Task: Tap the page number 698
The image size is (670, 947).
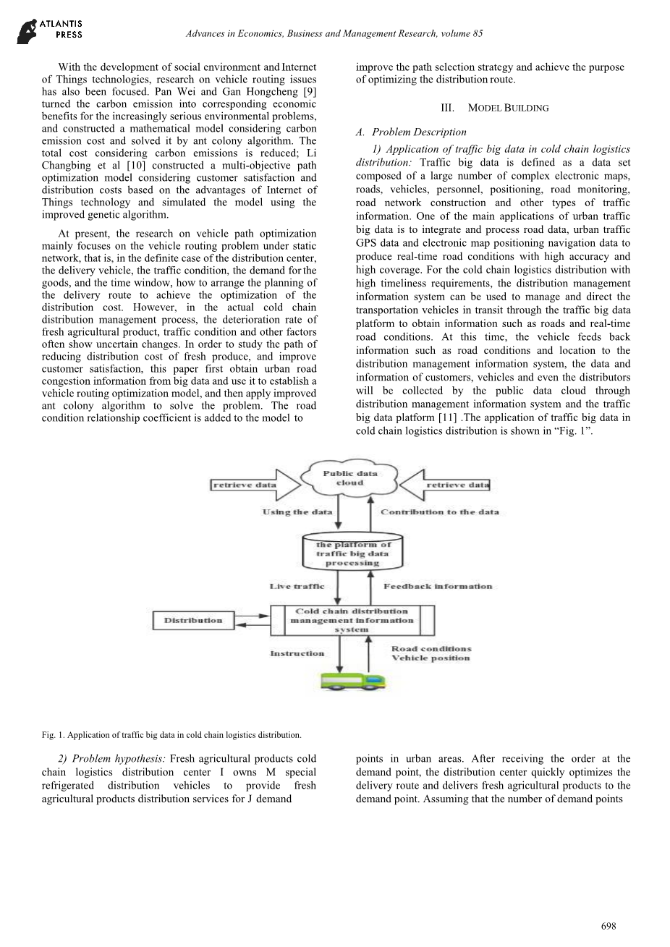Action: (x=608, y=926)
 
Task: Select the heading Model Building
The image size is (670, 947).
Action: (x=494, y=108)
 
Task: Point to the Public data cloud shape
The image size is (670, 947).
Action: (x=350, y=478)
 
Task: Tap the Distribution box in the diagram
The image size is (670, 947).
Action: (x=193, y=620)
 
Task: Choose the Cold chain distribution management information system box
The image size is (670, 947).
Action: (x=352, y=620)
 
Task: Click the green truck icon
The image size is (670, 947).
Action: (x=354, y=681)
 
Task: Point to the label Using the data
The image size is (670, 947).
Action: (x=297, y=512)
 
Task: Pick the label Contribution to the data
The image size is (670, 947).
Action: (x=440, y=512)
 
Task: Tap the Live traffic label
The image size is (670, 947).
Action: (x=297, y=586)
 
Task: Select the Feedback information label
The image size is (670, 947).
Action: (x=438, y=586)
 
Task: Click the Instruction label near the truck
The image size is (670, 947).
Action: (x=297, y=653)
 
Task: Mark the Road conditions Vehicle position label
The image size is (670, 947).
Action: (x=431, y=653)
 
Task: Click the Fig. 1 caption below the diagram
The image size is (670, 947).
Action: (x=171, y=735)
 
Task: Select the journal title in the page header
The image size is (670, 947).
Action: (x=334, y=33)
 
